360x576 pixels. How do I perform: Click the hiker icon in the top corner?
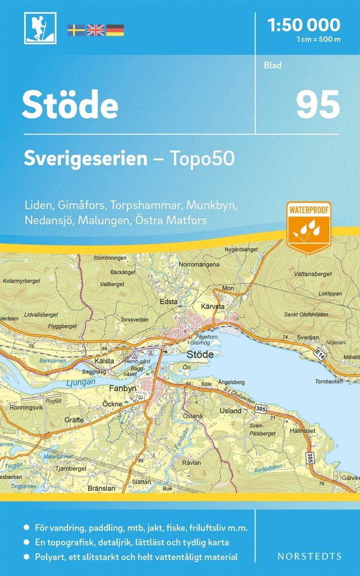(x=40, y=28)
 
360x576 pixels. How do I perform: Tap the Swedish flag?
(x=76, y=30)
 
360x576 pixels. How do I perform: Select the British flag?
(x=95, y=30)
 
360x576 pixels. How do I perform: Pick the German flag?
(x=115, y=30)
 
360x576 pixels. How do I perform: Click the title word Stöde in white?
(x=70, y=106)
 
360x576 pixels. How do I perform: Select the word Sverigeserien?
(x=86, y=159)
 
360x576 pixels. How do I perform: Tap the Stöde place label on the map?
(x=200, y=354)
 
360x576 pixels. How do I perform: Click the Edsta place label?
(x=168, y=302)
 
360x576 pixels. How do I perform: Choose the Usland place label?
(x=231, y=410)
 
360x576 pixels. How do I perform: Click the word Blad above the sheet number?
(x=273, y=65)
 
